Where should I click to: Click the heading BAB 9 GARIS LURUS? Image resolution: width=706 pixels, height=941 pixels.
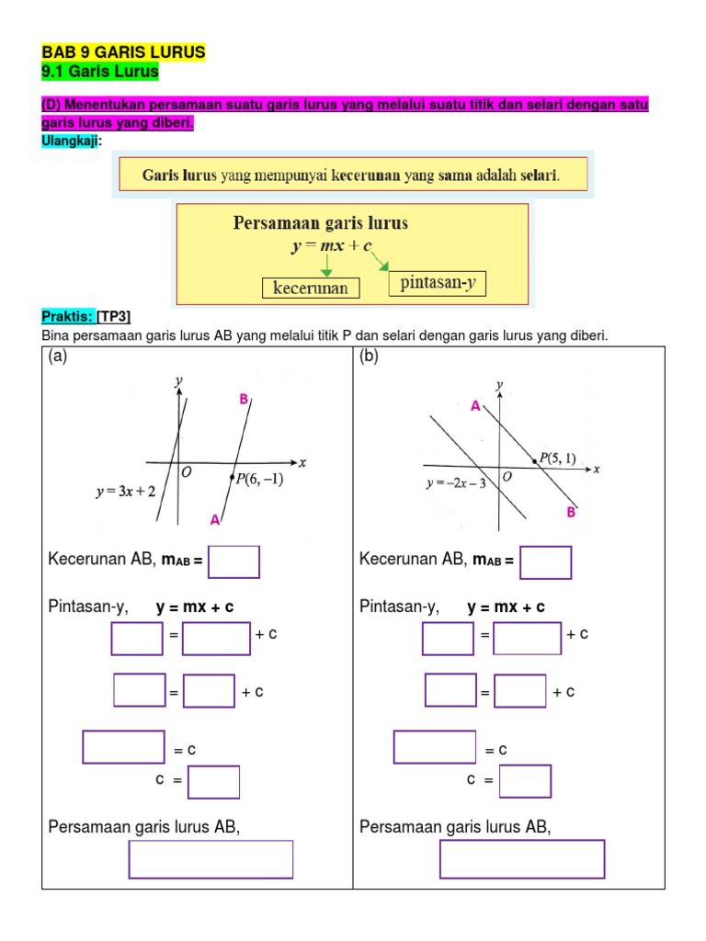tap(123, 52)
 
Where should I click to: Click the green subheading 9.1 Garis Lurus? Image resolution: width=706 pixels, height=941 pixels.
tap(100, 71)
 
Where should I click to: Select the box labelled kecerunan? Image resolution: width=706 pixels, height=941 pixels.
tap(311, 288)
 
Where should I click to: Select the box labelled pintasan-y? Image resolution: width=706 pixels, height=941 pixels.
tap(438, 283)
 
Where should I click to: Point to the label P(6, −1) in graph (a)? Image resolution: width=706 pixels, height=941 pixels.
tap(259, 479)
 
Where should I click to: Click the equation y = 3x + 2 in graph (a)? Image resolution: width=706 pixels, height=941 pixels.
tap(124, 491)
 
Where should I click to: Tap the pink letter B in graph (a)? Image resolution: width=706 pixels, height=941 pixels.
tap(244, 399)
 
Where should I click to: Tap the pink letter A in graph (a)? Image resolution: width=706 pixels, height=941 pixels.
tap(214, 520)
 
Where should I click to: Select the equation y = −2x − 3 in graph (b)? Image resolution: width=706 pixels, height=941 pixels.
tap(457, 482)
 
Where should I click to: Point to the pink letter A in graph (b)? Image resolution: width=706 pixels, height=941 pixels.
tap(475, 405)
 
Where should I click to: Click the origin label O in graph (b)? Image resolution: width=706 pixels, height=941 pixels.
tap(507, 478)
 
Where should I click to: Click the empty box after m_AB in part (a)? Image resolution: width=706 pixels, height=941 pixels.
tap(233, 561)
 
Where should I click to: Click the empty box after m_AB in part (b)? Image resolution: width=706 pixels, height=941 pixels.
tap(545, 561)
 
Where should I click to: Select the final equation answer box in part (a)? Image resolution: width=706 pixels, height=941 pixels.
tap(211, 859)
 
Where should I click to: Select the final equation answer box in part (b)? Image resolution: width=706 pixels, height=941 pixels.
tap(522, 859)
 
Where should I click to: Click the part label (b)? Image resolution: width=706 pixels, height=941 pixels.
tap(370, 357)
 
